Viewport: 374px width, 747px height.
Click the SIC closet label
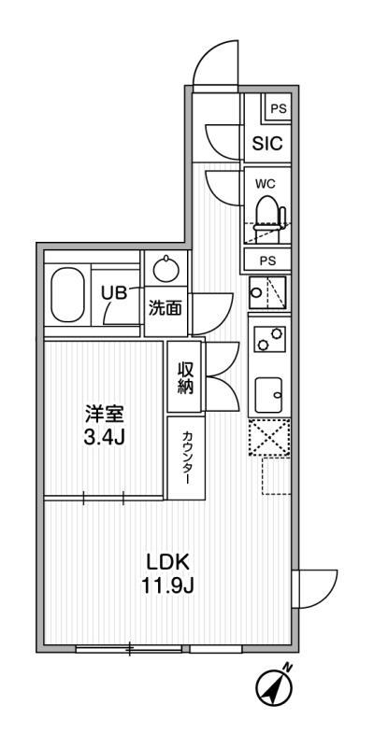(266, 144)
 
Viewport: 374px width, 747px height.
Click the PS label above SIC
(278, 108)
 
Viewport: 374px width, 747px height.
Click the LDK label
(168, 563)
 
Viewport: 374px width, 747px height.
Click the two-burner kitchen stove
(270, 338)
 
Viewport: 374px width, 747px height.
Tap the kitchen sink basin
(270, 394)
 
